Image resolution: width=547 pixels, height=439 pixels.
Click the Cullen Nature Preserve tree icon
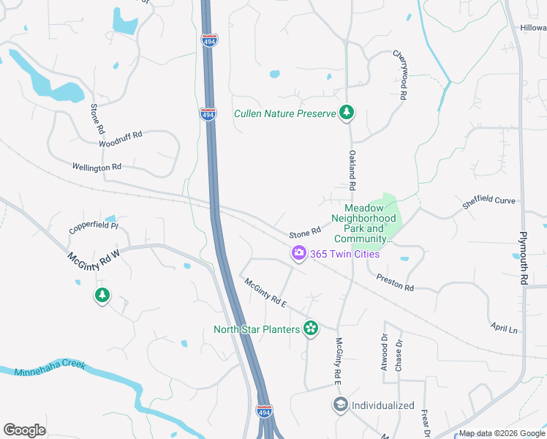coord(347,113)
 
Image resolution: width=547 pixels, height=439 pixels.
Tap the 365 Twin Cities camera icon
coord(298,254)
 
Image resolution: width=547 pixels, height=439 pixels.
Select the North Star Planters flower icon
coord(311,329)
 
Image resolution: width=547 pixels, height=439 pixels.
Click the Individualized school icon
coord(340,405)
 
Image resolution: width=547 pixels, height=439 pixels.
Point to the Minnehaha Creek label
coord(50,368)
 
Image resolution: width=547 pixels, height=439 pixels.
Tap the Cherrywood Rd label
coord(400,75)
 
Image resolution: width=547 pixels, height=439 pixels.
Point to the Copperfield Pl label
coord(94,227)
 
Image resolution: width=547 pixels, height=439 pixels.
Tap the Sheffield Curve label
coord(488,202)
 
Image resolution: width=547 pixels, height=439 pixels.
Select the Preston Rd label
coord(395,282)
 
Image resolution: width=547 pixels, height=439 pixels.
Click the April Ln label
coord(504,328)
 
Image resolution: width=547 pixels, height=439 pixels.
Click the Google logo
coord(25,430)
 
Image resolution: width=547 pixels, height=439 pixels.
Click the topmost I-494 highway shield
coord(210,40)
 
